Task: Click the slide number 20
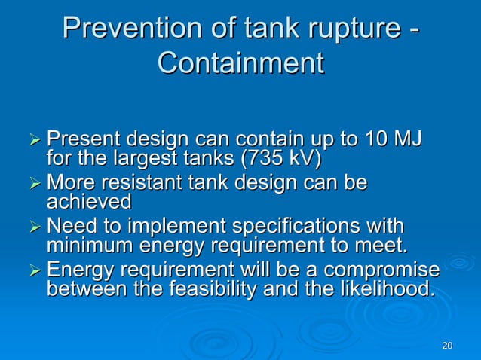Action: (446, 346)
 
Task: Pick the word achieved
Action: (89, 202)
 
